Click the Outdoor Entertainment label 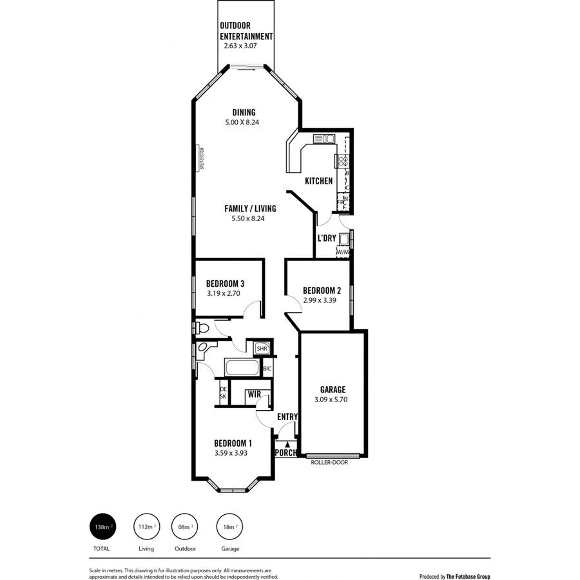click(246, 31)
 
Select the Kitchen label click(319, 181)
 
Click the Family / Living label click(250, 208)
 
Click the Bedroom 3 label click(225, 284)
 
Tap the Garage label click(333, 389)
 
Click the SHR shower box click(262, 349)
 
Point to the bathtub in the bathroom click(242, 368)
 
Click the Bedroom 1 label click(233, 443)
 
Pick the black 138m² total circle click(101, 527)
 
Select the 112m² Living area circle click(146, 527)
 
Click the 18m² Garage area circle click(230, 527)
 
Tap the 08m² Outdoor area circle click(185, 527)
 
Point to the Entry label click(287, 417)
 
